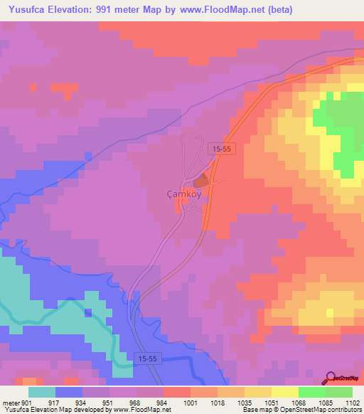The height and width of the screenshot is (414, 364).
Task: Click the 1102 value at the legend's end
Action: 353,403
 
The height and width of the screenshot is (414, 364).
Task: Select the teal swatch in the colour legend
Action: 42,392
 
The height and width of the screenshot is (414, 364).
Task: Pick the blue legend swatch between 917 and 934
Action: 69,392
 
